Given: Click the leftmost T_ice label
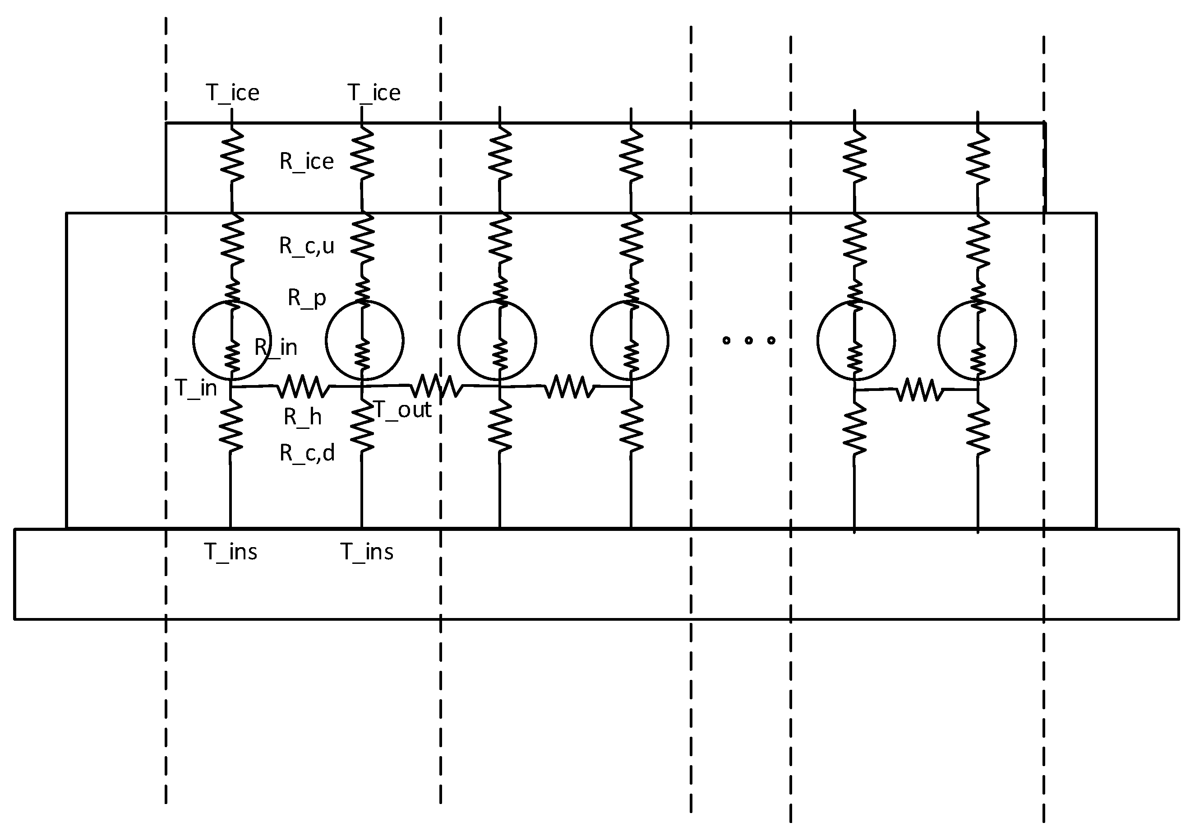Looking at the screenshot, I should [233, 93].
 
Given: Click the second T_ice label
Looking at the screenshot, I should [374, 93].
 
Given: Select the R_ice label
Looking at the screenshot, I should [306, 161].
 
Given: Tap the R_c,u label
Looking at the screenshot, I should [306, 246].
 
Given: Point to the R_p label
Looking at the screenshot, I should [307, 298].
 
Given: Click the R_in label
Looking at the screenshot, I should [276, 347].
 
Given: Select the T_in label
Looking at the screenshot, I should [196, 388].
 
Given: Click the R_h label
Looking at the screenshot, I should [303, 417].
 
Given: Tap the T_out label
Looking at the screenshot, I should [402, 410].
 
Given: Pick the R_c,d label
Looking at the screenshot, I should [307, 453].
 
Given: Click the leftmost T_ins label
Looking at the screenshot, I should [230, 551].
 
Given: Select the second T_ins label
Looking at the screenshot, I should [366, 551].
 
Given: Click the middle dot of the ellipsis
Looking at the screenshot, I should [748, 340].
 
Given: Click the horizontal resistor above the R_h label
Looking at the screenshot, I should [304, 387].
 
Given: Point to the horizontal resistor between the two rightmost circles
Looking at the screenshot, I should [919, 390].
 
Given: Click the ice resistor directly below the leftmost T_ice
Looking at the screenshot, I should [232, 154].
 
